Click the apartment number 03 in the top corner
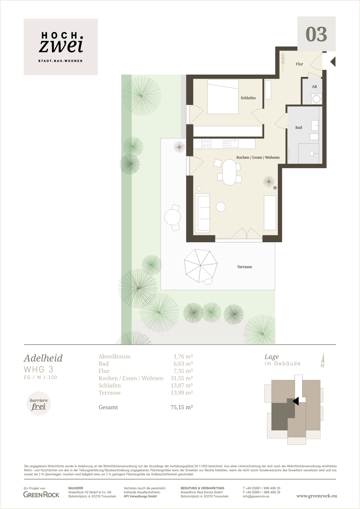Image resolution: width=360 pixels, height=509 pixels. click(x=316, y=34)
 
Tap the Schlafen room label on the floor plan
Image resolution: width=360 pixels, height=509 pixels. click(x=248, y=98)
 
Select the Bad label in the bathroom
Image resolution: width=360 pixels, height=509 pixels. click(x=298, y=127)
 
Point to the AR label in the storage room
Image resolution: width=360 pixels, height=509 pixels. click(x=314, y=86)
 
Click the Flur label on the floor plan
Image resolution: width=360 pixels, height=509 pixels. click(x=299, y=64)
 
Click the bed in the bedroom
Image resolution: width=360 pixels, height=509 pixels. click(x=223, y=97)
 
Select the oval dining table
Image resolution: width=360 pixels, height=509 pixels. click(x=229, y=172)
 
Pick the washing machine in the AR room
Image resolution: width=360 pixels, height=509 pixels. click(x=316, y=99)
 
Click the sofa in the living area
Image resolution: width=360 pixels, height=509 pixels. click(x=203, y=213)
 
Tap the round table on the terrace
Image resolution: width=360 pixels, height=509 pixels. click(x=172, y=217)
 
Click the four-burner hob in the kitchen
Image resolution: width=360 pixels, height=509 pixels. click(x=206, y=143)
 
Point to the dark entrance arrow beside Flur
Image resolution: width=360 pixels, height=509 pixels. click(x=333, y=62)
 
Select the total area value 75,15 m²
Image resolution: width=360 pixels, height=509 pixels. click(x=182, y=407)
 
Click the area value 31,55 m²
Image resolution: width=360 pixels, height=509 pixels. click(x=182, y=378)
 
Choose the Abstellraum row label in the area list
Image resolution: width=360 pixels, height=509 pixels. click(x=115, y=356)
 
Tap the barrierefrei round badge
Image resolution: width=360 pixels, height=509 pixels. click(x=39, y=404)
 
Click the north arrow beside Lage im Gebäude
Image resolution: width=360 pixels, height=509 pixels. click(x=323, y=360)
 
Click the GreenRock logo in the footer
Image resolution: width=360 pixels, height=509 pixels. click(x=41, y=494)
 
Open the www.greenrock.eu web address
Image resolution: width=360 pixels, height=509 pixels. click(x=317, y=496)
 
